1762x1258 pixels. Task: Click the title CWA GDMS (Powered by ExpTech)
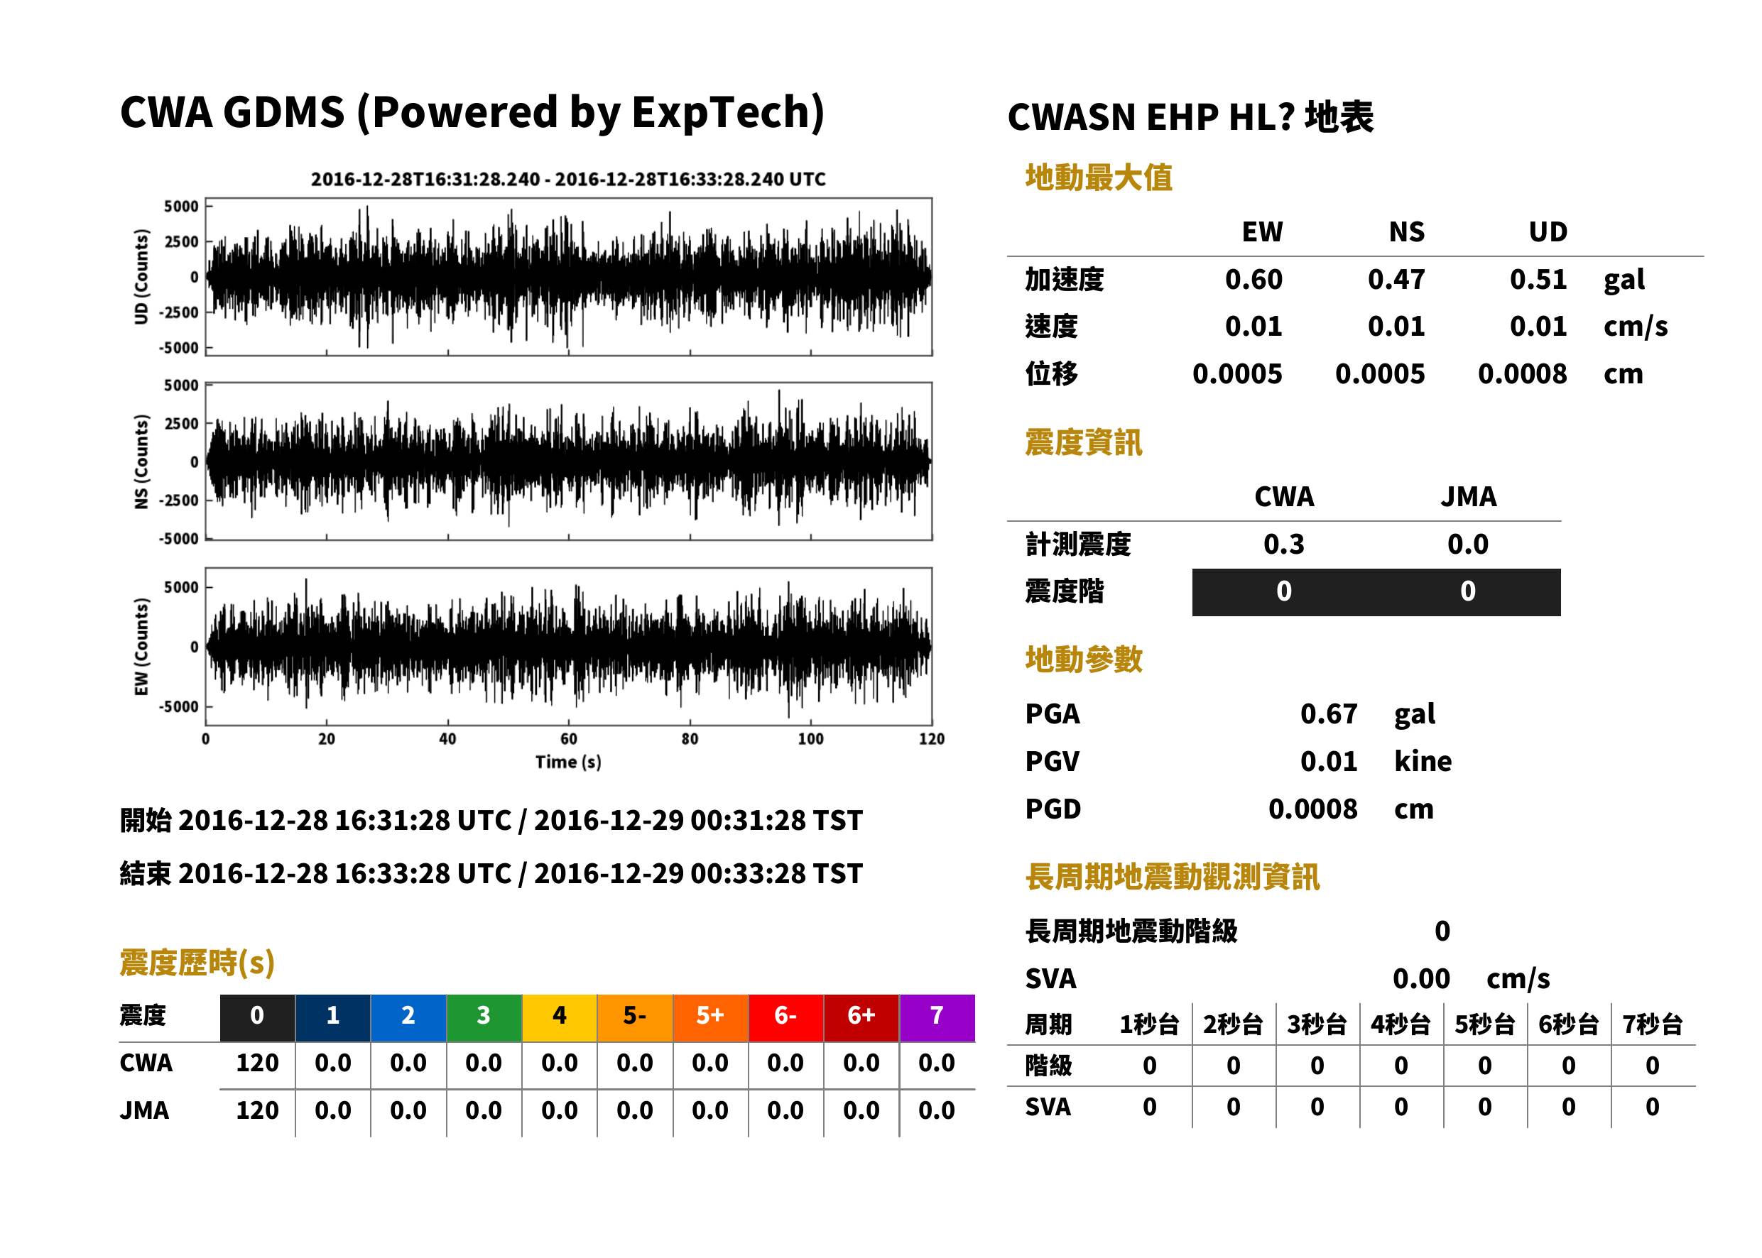coord(472,112)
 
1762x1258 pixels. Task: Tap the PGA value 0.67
coord(1328,713)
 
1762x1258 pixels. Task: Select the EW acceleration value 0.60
coord(1253,279)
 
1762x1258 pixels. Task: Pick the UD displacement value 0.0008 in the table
coord(1522,374)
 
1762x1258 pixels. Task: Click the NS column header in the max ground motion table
coord(1406,231)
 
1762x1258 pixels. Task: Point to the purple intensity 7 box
coord(937,1015)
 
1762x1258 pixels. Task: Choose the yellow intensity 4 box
coord(560,1015)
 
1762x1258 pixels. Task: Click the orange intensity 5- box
coord(635,1015)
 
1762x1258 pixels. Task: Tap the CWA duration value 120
coord(257,1063)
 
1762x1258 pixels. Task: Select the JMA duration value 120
coord(257,1111)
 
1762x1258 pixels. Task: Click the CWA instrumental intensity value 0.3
coord(1284,544)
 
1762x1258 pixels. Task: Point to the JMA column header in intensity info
coord(1469,496)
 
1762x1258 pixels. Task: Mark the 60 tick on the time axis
coord(569,739)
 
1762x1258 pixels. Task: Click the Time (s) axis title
coord(568,762)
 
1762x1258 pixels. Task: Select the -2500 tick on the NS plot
coord(179,501)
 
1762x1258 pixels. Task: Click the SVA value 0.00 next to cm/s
coord(1421,978)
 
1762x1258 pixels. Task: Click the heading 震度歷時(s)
coord(197,963)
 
